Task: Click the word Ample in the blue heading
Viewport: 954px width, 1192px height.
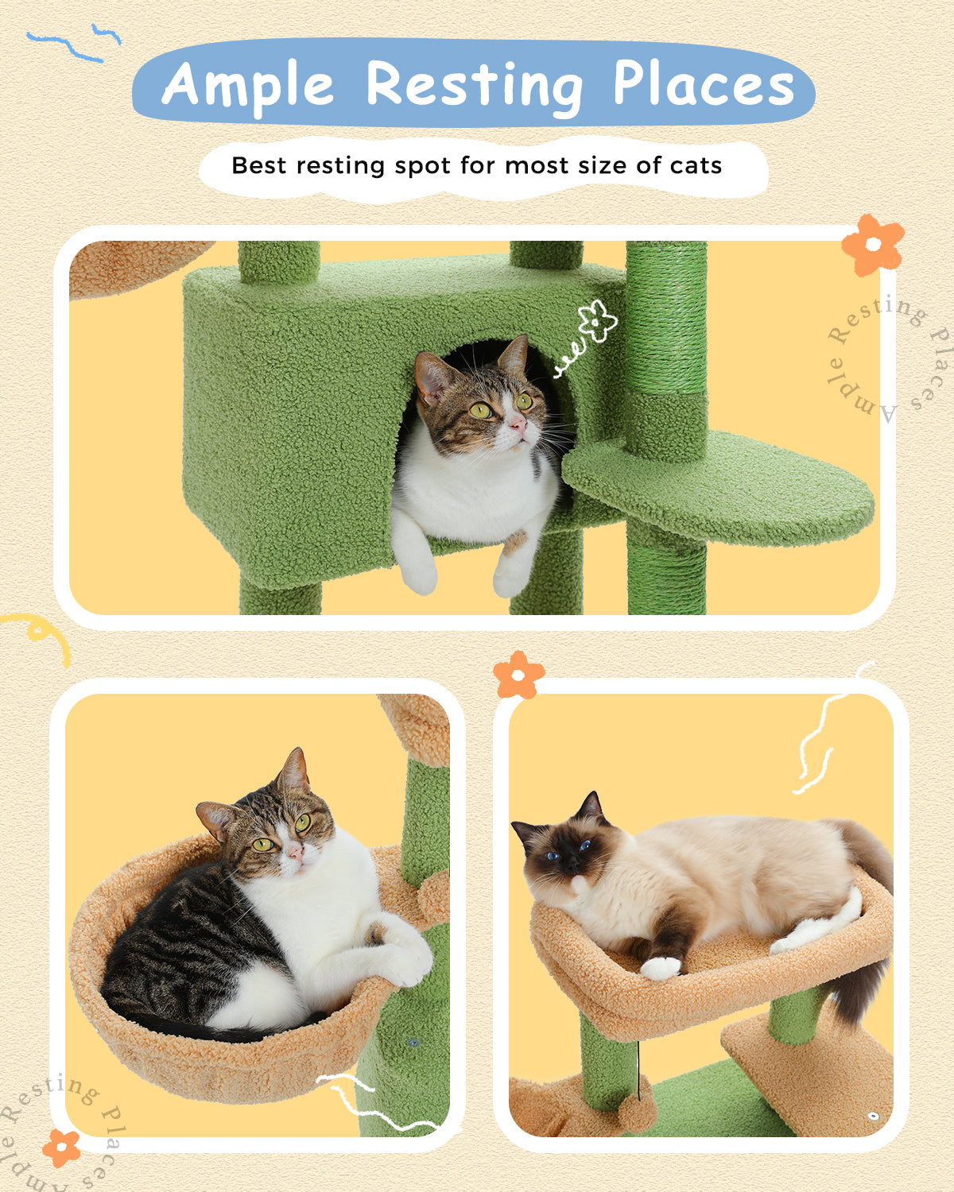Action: pyautogui.click(x=248, y=84)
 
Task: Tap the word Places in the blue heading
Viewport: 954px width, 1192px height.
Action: pyautogui.click(x=703, y=84)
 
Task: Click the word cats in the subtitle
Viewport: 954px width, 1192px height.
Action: pyautogui.click(x=696, y=165)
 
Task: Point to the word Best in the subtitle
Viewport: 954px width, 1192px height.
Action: pyautogui.click(x=258, y=165)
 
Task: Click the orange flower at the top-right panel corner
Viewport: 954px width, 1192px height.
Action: pyautogui.click(x=872, y=244)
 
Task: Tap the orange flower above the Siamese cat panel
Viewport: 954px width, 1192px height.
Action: pyautogui.click(x=518, y=675)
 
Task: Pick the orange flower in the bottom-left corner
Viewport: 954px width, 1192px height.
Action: pyautogui.click(x=61, y=1147)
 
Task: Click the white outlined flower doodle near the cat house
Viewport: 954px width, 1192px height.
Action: pyautogui.click(x=596, y=322)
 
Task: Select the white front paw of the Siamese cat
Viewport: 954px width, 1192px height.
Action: pyautogui.click(x=661, y=967)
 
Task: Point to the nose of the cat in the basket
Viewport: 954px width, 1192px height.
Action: pyautogui.click(x=294, y=853)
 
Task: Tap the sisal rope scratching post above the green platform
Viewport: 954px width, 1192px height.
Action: pyautogui.click(x=666, y=318)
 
